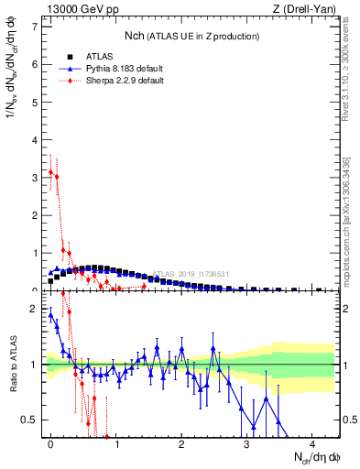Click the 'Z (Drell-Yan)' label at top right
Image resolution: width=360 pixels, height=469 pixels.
point(307,9)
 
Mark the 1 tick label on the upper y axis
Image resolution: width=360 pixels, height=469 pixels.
point(35,253)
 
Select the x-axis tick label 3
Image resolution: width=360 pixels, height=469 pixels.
point(246,445)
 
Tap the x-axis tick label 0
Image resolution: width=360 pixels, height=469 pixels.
point(50,445)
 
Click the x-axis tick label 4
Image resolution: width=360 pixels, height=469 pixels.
point(311,445)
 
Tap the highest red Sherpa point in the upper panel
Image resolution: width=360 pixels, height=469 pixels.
point(50,171)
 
